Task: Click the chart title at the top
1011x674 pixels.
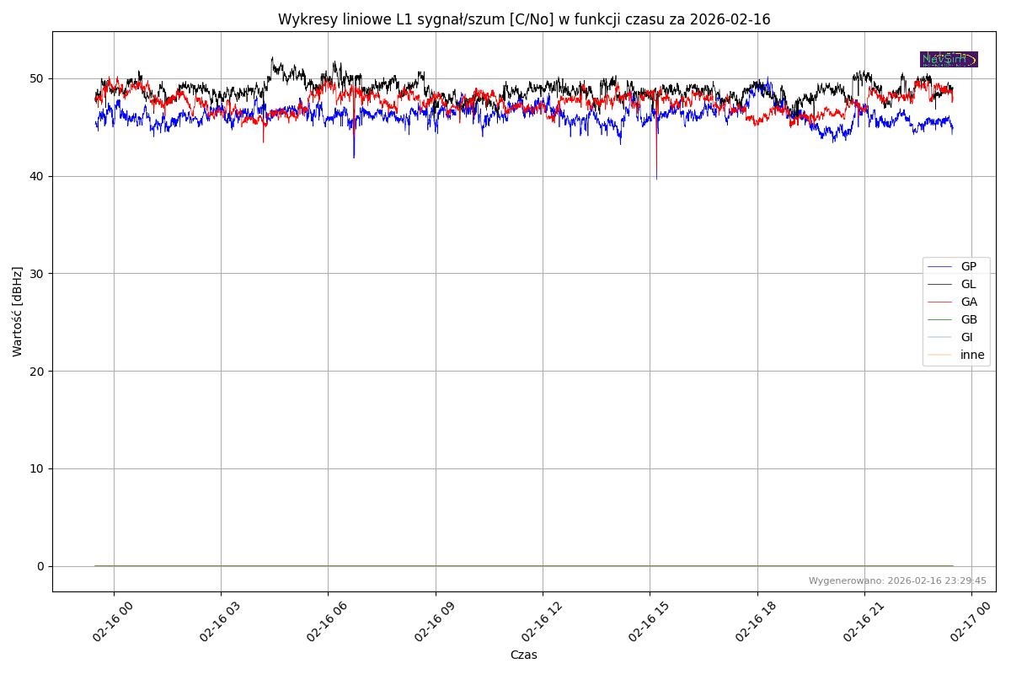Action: click(524, 19)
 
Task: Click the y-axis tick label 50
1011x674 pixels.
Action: click(37, 78)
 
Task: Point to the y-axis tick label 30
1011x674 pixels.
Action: click(37, 274)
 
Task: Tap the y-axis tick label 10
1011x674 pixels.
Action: click(37, 468)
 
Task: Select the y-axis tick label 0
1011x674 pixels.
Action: click(40, 566)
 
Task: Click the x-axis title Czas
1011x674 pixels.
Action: click(524, 655)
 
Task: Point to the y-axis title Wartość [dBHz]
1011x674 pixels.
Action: click(18, 312)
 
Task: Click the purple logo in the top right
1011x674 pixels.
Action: click(949, 59)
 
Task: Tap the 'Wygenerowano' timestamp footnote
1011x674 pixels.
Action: click(897, 581)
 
